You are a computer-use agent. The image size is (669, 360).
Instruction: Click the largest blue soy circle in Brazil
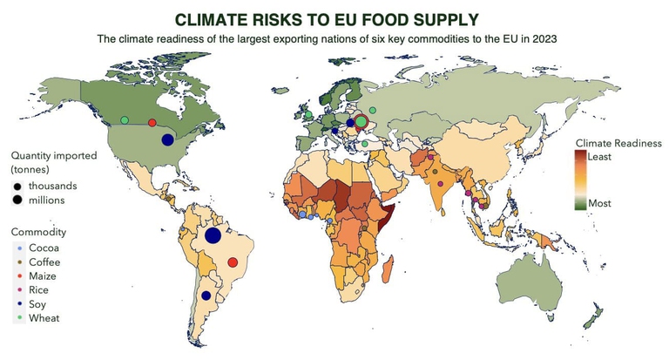point(212,236)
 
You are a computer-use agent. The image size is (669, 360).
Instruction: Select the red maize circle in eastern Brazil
point(233,262)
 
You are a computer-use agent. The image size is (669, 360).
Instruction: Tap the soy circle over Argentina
point(206,295)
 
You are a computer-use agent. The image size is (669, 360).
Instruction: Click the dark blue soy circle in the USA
point(167,139)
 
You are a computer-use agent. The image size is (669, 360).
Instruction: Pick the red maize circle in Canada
point(152,123)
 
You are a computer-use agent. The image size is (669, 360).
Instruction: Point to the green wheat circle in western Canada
point(124,119)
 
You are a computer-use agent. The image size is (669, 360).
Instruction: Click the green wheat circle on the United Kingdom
point(308,115)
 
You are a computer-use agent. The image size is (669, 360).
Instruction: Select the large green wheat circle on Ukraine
point(362,123)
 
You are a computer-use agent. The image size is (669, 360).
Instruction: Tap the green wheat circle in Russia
point(373,110)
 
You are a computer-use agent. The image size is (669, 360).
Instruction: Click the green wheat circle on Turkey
point(365,144)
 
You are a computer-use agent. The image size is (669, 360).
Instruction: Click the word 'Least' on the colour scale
point(600,158)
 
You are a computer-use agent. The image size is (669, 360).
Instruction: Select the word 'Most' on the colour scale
point(599,202)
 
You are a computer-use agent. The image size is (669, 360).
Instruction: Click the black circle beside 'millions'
point(18,200)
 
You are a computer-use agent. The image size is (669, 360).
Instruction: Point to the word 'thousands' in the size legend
point(52,186)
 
